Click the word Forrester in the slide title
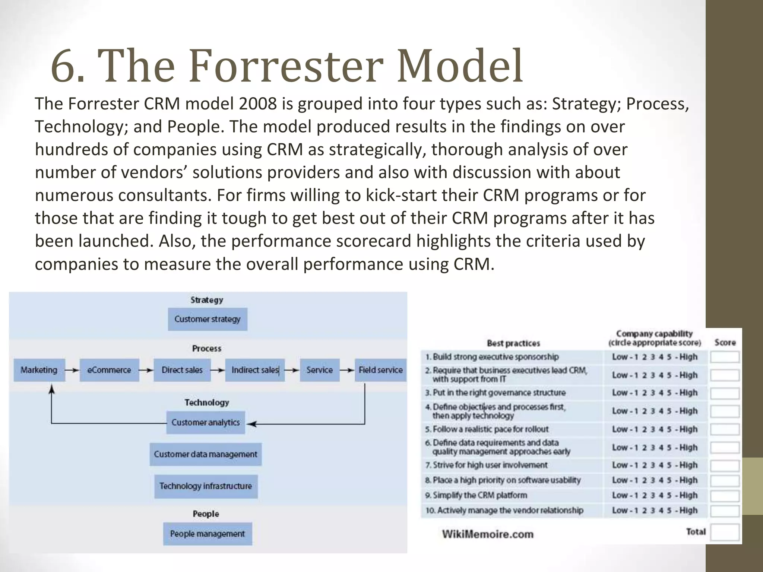point(286,66)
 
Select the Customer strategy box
point(208,319)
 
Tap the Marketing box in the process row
point(39,370)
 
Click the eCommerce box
point(109,370)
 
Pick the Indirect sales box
point(255,370)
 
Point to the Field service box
point(380,370)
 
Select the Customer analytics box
point(206,423)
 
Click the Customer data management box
point(206,454)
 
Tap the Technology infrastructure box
point(206,486)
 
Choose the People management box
point(208,534)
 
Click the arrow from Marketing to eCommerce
point(72,370)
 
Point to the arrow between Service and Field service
point(347,370)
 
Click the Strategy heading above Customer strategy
point(207,300)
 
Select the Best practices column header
point(513,343)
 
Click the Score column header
point(725,342)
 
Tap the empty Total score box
point(725,532)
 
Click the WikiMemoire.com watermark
point(488,534)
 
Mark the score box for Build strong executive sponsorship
point(725,357)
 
